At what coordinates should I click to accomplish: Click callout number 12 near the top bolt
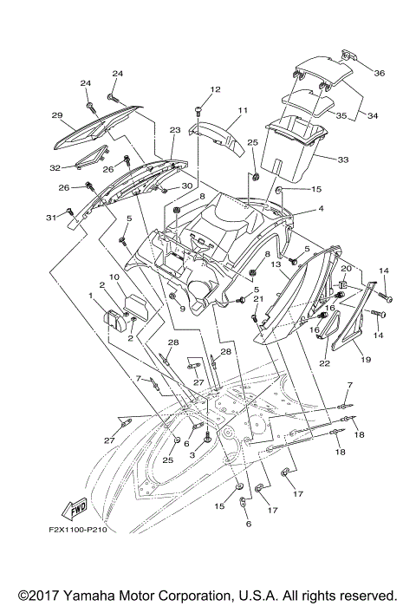coord(216,89)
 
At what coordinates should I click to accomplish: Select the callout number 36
coord(380,73)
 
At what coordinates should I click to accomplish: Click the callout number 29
coord(57,115)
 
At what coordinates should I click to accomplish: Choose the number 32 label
coord(54,168)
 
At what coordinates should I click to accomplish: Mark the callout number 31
coord(50,217)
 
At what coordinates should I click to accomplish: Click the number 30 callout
coord(185,186)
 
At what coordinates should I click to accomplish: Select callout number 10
coord(114,277)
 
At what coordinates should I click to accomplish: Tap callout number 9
coord(183,309)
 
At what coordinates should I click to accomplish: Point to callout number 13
coord(277,264)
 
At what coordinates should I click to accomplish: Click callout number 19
coord(365,358)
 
